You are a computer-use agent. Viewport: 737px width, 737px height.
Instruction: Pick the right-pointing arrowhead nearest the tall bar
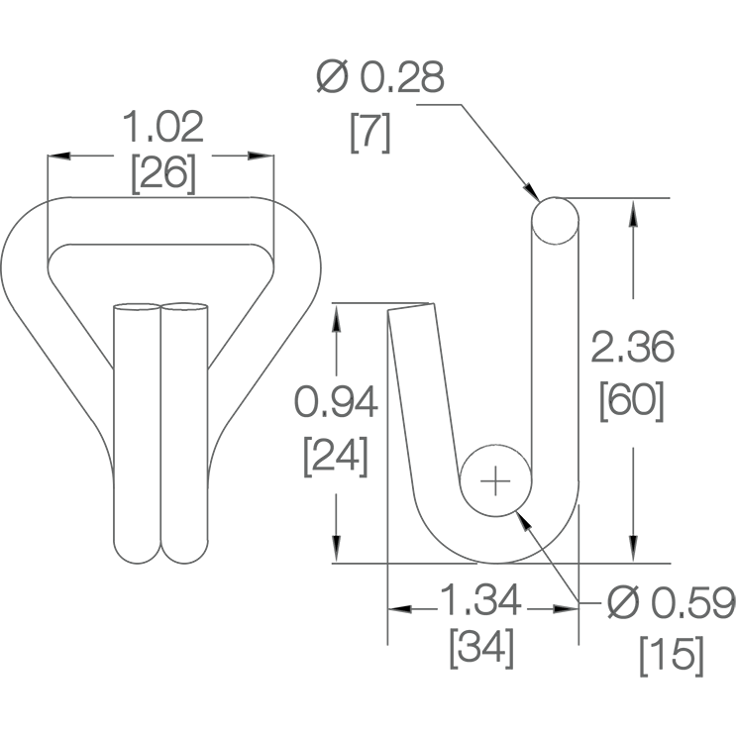point(257,156)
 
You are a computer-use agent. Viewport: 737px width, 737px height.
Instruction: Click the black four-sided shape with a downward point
point(536,190)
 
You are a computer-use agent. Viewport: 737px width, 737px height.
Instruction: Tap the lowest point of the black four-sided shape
point(541,199)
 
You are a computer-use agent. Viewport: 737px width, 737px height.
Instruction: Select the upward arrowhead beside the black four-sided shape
point(633,218)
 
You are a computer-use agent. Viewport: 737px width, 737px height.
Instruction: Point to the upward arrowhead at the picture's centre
point(336,323)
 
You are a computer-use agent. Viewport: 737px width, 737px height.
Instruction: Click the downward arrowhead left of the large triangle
point(336,541)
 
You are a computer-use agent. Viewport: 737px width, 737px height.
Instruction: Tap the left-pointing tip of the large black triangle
point(392,608)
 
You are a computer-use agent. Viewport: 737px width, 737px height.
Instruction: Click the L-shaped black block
point(532,517)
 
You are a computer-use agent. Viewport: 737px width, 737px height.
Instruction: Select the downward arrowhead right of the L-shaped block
point(633,542)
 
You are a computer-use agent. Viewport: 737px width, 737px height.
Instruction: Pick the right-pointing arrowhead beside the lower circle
point(562,608)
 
